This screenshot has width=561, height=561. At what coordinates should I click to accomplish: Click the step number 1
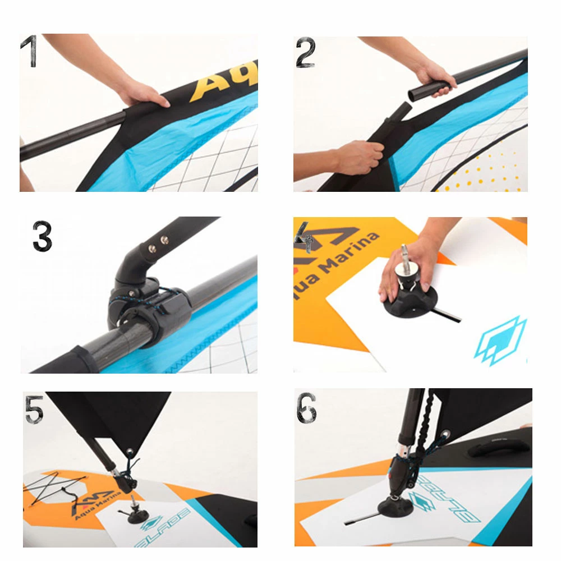tap(29, 52)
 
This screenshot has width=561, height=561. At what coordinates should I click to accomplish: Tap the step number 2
tap(305, 54)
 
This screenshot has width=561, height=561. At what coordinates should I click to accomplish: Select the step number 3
tap(42, 237)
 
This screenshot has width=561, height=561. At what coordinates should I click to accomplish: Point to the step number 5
tap(34, 409)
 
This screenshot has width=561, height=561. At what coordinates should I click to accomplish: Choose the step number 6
tap(306, 408)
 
